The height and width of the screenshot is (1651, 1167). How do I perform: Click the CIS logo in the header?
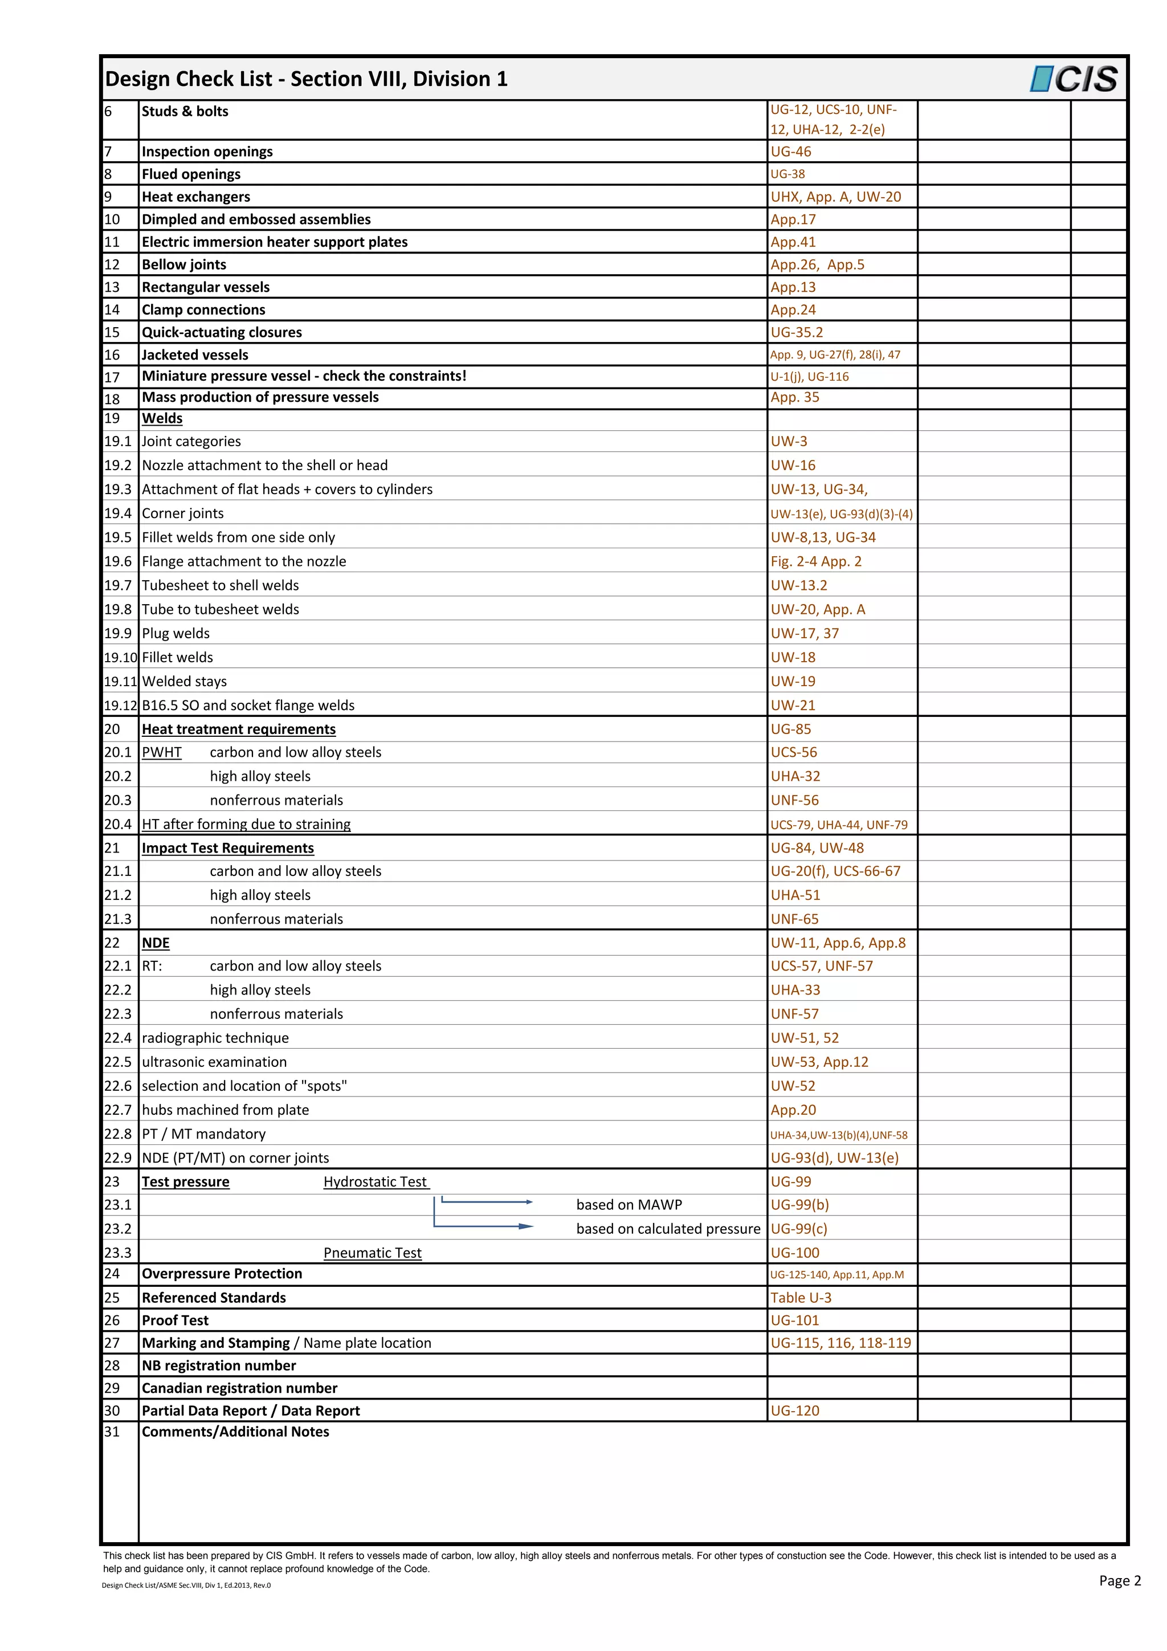(1074, 79)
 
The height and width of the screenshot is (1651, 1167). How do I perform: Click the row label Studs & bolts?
(185, 112)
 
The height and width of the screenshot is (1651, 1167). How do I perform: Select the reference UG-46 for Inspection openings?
(791, 152)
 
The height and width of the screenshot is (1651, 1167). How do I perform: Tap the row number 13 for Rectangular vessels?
(112, 287)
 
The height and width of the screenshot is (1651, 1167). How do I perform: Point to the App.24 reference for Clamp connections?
(793, 310)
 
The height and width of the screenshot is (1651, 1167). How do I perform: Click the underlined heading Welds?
(162, 418)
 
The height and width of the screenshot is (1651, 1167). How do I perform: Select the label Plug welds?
(176, 634)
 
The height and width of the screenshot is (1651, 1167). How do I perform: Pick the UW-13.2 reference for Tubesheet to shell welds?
(799, 585)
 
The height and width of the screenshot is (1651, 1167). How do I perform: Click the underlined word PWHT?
(162, 752)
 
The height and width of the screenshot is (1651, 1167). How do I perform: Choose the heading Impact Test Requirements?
(227, 848)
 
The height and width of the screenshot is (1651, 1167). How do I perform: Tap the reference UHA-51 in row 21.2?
(795, 895)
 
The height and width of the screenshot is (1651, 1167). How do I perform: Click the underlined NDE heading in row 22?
(156, 943)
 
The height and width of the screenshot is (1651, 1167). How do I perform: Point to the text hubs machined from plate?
(225, 1110)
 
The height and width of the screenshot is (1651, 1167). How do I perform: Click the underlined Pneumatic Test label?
(373, 1253)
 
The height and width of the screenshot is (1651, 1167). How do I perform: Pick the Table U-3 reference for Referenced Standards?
(801, 1298)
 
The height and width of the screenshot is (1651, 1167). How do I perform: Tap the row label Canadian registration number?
(239, 1388)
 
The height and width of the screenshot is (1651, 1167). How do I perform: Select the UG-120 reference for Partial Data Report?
(794, 1411)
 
